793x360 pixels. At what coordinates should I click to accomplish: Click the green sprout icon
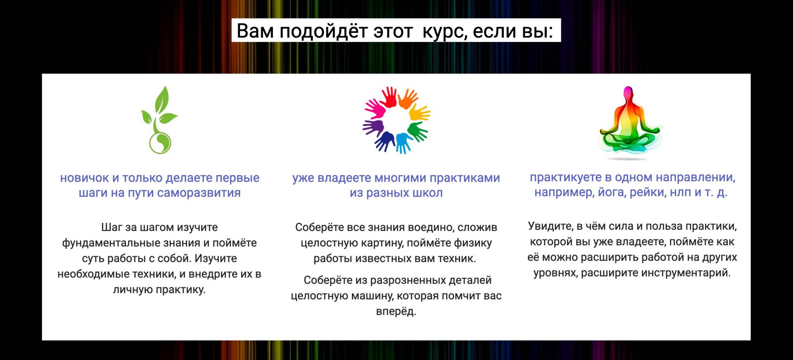[159, 120]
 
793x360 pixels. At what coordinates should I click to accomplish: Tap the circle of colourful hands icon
[396, 120]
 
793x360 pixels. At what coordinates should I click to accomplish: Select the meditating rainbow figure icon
[630, 123]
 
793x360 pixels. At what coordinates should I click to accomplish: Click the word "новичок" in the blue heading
[84, 178]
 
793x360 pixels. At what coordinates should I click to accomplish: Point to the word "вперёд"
[396, 311]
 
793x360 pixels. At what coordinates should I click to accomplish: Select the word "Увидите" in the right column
[551, 226]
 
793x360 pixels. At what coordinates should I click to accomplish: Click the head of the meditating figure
[628, 92]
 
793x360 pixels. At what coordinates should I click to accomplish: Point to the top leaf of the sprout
[162, 99]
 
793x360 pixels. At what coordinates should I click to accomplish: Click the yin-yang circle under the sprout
[160, 143]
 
